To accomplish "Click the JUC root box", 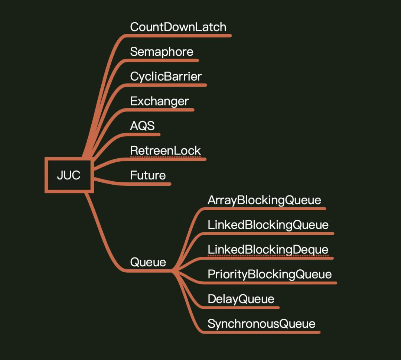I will pos(69,175).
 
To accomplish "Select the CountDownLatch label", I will pos(178,27).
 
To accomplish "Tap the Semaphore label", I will pos(162,52).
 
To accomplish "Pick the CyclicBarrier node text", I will pos(166,76).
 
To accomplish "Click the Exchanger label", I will pos(159,101).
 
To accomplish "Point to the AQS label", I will pos(142,126).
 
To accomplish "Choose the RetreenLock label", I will pos(165,150).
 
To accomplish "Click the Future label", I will pos(148,175).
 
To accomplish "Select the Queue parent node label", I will pos(148,262).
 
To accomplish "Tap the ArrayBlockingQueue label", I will pos(264,200).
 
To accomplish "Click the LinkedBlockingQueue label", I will pos(268,225).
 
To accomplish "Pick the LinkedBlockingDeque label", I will pos(268,249).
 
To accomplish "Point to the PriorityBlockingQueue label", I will pos(270,274).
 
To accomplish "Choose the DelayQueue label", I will pos(241,299).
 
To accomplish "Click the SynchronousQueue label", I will pos(261,324).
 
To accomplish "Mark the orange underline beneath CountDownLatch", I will pos(178,36).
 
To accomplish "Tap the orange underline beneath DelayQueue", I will pos(241,308).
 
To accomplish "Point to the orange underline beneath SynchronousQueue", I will pos(262,332).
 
